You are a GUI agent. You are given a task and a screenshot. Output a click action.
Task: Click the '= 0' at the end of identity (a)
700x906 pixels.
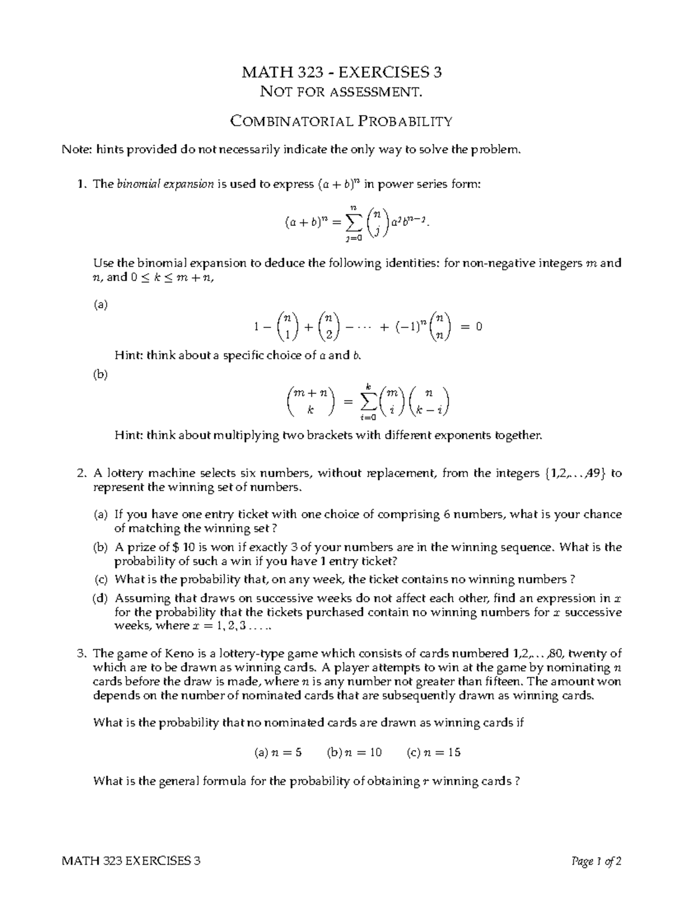click(x=471, y=327)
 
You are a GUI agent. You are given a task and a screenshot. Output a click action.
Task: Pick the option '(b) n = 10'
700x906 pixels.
click(x=354, y=752)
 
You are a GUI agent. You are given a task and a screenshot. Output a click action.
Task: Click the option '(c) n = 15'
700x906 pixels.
click(x=433, y=752)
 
